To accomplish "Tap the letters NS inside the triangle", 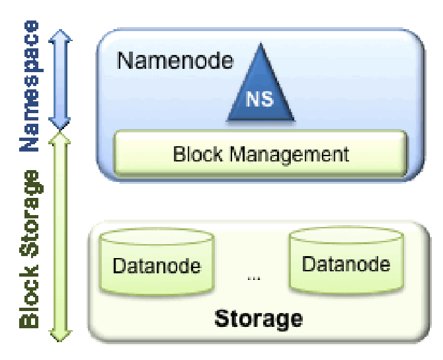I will pos(260,101).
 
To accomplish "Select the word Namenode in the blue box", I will pos(175,61).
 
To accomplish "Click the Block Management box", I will pos(261,155).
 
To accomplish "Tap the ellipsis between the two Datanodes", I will pos(253,279).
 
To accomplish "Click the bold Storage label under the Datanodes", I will pos(259,318).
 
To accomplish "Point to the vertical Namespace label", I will pos(29,86).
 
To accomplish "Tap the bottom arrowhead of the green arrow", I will pos(61,336).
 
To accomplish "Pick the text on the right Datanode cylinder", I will pos(346,264).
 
